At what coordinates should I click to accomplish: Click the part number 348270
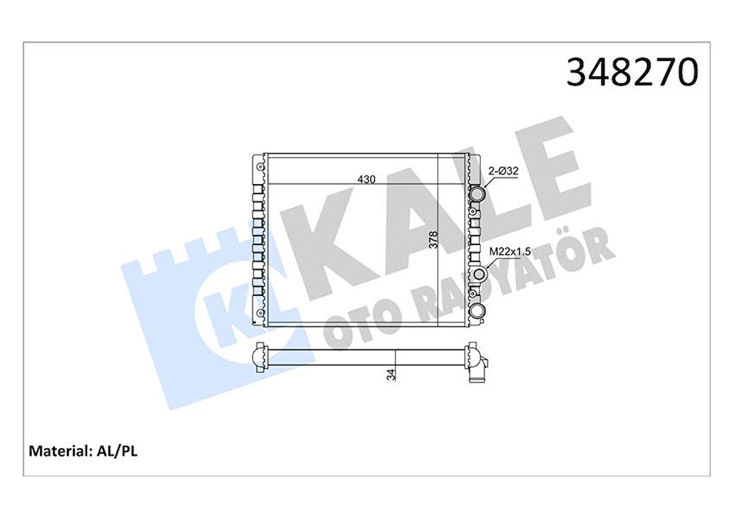coord(632,73)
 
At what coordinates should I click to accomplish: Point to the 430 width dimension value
coord(366,179)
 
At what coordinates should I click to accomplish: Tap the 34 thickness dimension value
coord(390,375)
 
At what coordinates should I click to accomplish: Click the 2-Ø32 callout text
coord(503,170)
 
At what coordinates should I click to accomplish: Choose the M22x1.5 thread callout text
coord(509,251)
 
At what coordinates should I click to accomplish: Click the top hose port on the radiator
coord(478,195)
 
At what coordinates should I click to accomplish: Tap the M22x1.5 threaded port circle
coord(478,274)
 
